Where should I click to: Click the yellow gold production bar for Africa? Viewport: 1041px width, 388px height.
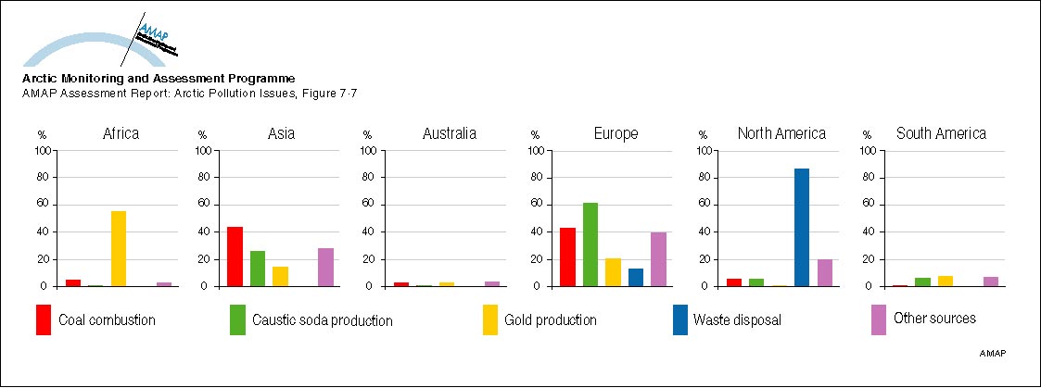[x=118, y=248]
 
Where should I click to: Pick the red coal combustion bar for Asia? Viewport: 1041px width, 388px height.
[x=235, y=257]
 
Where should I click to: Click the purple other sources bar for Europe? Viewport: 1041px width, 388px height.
[x=657, y=259]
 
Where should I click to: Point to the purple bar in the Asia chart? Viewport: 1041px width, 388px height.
[x=324, y=267]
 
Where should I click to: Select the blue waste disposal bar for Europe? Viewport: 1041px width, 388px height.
[x=635, y=277]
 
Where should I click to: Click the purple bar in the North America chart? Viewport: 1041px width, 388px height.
[x=823, y=272]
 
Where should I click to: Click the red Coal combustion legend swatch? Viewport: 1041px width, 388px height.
[x=44, y=319]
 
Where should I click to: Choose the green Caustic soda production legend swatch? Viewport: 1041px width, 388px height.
[x=237, y=319]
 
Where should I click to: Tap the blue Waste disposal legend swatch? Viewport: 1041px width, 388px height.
[x=679, y=319]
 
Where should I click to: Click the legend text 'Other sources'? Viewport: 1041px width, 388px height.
[x=934, y=319]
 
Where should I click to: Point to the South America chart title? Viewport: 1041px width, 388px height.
[x=941, y=134]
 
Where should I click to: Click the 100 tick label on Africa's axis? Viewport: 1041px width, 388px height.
[x=44, y=150]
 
